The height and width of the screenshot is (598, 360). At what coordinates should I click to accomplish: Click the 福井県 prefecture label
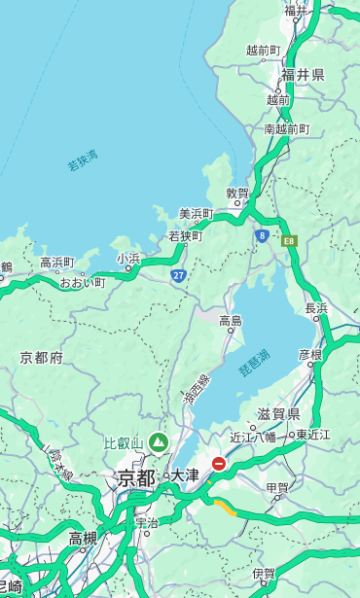[x=303, y=75]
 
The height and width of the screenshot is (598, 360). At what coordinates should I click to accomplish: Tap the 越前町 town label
[x=263, y=50]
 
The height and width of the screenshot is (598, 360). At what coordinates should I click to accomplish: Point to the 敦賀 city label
[x=237, y=193]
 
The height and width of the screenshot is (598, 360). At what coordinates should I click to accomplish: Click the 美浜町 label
[x=196, y=214]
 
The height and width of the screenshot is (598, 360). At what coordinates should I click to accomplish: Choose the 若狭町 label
[x=185, y=236]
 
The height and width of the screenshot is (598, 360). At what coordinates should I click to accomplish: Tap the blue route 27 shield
[x=179, y=276]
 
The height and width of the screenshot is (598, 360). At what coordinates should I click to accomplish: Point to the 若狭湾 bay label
[x=83, y=160]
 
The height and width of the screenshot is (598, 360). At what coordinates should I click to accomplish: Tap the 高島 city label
[x=231, y=321]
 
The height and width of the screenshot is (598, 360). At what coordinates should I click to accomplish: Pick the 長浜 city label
[x=316, y=308]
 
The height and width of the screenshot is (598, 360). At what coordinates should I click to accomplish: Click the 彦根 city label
[x=309, y=354]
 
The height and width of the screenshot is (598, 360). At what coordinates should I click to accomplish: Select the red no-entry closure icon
[x=219, y=465]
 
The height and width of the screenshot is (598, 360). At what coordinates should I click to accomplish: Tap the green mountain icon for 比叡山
[x=158, y=443]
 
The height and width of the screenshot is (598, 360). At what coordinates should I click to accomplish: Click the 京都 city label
[x=136, y=477]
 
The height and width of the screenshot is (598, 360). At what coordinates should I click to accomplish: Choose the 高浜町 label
[x=56, y=263]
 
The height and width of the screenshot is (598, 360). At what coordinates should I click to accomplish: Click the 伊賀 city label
[x=263, y=574]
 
